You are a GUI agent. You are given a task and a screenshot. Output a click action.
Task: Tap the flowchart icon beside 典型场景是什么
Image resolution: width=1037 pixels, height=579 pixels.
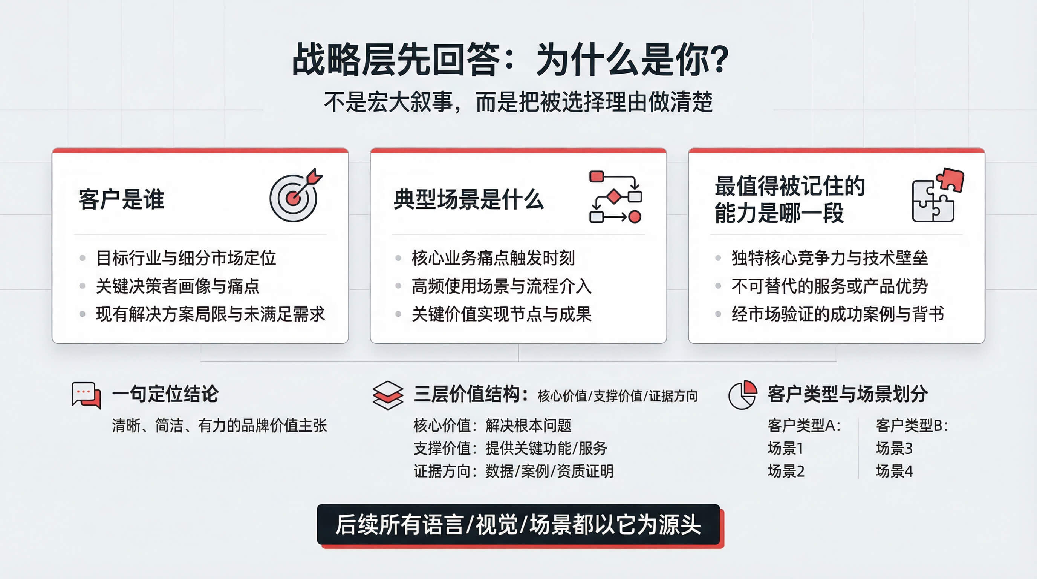615,197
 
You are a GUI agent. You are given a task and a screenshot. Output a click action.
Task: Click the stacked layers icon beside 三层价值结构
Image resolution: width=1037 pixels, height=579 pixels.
387,395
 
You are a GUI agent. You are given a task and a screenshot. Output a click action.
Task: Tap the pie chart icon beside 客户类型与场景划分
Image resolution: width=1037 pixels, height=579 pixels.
742,395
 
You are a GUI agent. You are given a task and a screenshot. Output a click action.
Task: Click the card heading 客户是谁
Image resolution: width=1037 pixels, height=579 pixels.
121,199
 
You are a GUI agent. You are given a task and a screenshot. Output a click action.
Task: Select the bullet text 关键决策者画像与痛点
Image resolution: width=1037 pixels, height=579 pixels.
177,286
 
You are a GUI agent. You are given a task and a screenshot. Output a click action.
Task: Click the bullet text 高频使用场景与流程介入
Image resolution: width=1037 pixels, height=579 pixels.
501,286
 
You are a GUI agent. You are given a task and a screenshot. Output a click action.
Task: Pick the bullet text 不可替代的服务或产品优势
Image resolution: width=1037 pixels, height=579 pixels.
829,286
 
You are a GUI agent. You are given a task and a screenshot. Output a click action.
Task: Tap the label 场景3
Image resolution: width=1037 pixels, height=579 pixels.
894,448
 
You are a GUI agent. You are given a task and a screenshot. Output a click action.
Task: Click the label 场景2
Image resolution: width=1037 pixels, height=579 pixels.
786,471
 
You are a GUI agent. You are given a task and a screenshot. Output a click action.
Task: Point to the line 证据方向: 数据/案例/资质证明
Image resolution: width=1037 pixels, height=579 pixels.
513,471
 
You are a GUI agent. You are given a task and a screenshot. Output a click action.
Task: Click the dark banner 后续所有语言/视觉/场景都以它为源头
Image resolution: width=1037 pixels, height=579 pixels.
518,524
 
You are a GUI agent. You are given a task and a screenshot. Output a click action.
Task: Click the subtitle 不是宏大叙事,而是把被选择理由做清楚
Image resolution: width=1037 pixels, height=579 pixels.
518,102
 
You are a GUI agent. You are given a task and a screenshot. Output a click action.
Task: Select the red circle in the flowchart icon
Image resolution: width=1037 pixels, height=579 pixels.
635,217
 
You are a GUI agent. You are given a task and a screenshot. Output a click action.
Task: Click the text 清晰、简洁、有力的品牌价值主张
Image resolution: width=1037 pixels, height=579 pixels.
219,426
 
